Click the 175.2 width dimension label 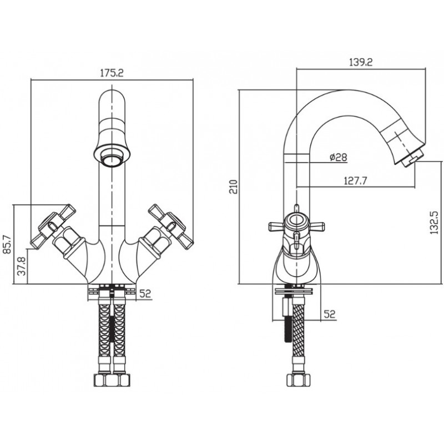[112, 73]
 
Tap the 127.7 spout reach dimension [355, 180]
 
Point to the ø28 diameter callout [339, 157]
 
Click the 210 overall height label [234, 186]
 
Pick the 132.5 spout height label [434, 223]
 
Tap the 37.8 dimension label [22, 266]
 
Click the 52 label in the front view [145, 294]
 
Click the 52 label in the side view [329, 314]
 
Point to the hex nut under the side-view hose [299, 380]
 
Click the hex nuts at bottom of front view [112, 380]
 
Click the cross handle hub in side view [296, 221]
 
